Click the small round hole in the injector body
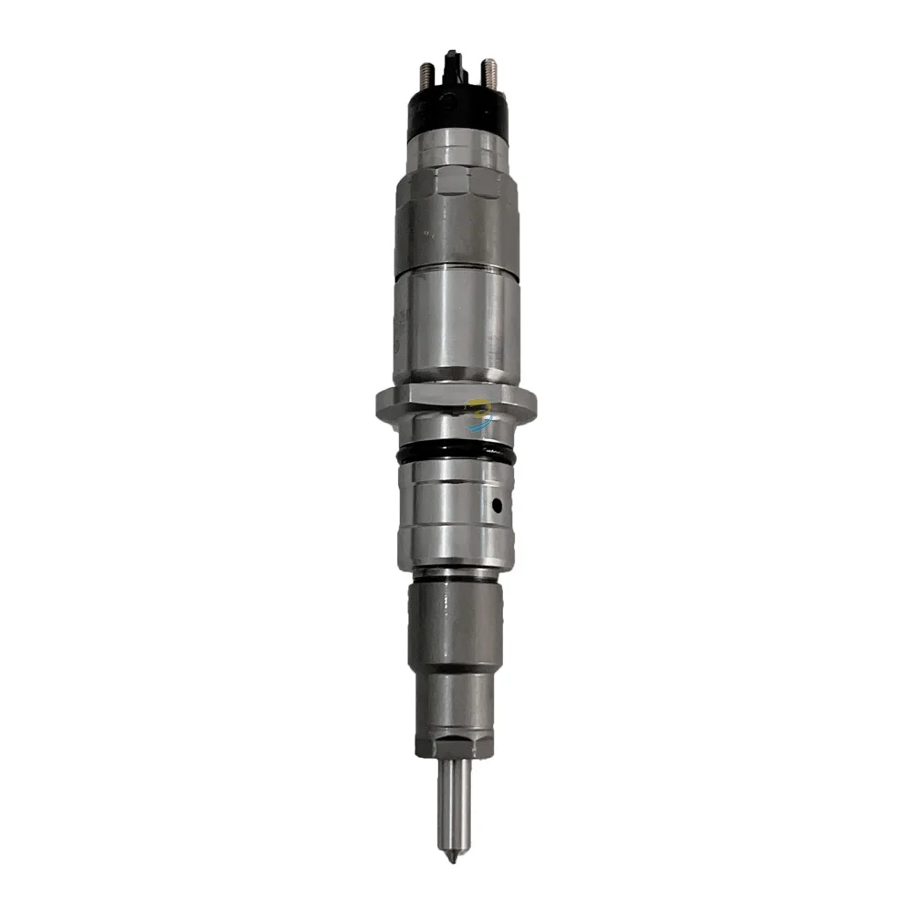496,504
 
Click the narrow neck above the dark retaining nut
455,574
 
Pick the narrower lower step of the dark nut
455,698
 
